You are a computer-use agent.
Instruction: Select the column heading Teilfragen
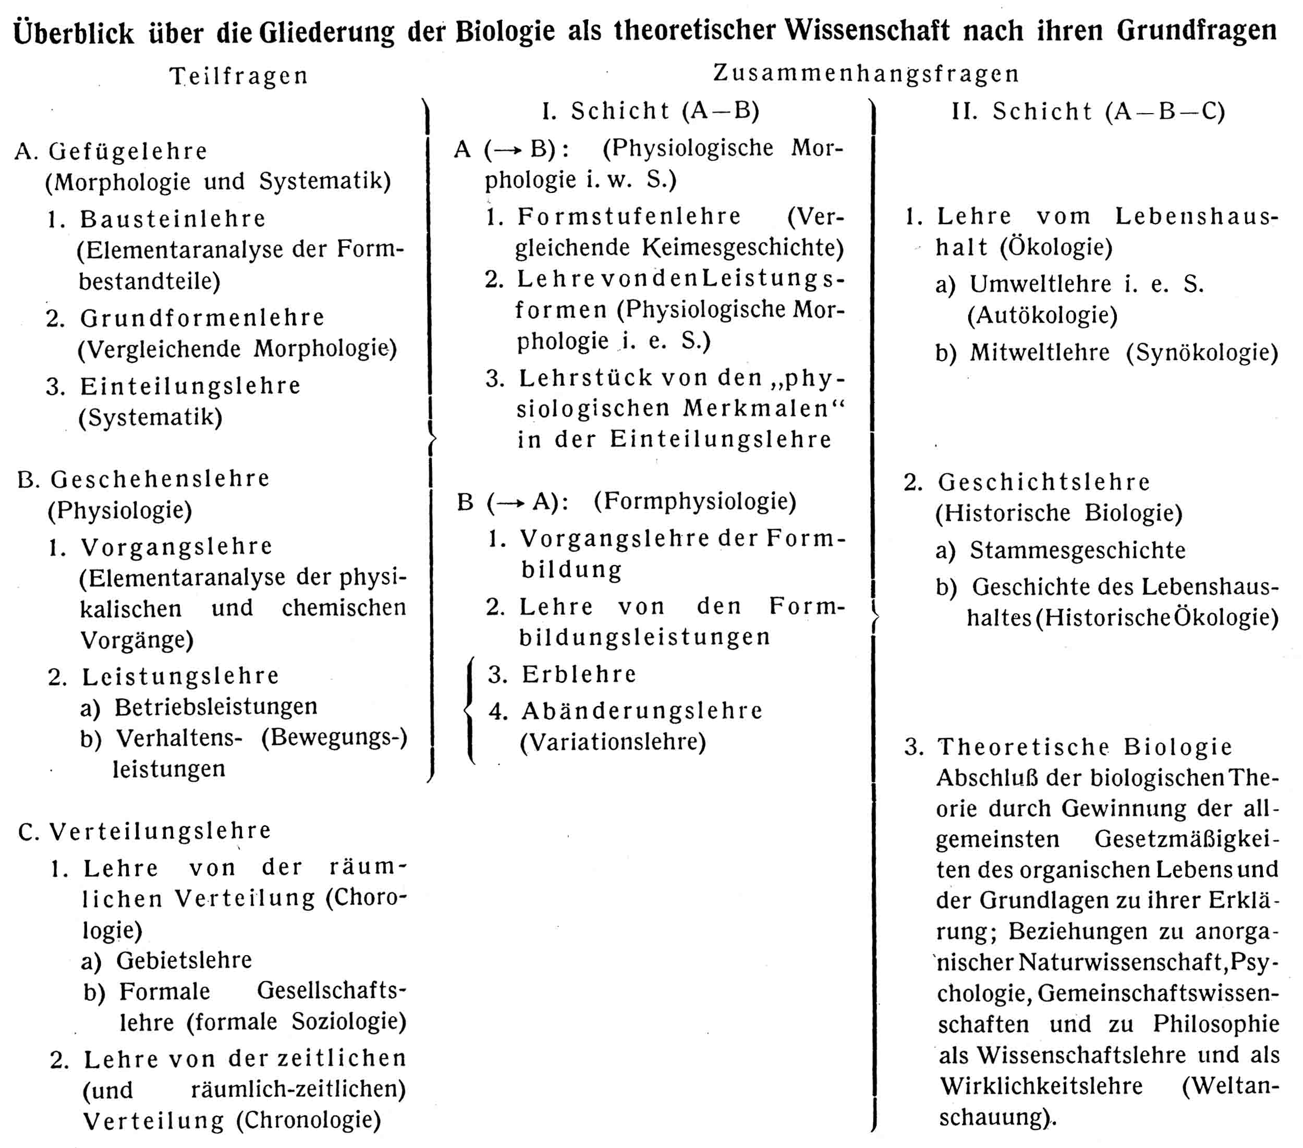tap(239, 76)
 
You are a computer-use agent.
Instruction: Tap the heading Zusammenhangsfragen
tap(866, 74)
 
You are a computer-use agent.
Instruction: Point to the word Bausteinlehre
tap(173, 218)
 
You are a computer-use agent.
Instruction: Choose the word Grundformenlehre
tap(202, 317)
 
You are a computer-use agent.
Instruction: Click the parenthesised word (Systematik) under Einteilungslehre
tap(151, 418)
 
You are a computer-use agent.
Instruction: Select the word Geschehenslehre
tap(160, 479)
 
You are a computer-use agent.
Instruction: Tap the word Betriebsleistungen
tap(216, 706)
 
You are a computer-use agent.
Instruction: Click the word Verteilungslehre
tap(161, 831)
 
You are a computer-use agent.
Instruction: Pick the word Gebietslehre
tap(184, 960)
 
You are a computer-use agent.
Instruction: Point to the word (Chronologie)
tap(309, 1119)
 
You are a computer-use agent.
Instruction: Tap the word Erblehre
tap(579, 675)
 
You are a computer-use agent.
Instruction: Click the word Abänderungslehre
tap(642, 711)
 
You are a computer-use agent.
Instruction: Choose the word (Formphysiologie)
tap(695, 501)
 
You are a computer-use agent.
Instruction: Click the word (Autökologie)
tap(1042, 315)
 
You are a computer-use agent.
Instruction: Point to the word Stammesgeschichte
tap(1077, 550)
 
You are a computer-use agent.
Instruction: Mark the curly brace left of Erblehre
tap(470, 709)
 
